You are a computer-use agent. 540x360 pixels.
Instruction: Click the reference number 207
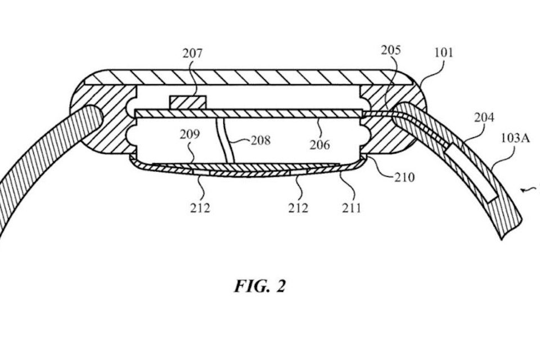192,54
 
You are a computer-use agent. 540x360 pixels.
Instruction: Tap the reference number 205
391,50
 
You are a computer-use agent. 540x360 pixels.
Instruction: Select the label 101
444,53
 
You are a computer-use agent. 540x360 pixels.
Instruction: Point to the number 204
484,118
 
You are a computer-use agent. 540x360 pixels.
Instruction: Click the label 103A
515,138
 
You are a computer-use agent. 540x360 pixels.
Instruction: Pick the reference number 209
190,134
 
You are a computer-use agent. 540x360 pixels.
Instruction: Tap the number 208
260,141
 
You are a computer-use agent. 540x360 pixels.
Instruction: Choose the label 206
319,145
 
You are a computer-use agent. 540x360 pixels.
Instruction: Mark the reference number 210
404,177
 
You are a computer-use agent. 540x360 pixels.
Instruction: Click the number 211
352,208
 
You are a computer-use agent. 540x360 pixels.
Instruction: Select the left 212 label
200,208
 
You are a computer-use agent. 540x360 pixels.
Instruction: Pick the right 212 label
298,208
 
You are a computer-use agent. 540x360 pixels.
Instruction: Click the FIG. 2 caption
260,286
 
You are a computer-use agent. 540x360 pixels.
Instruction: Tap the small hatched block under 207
188,103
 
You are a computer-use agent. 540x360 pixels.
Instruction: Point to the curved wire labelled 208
225,140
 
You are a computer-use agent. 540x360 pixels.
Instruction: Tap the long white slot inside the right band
471,173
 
